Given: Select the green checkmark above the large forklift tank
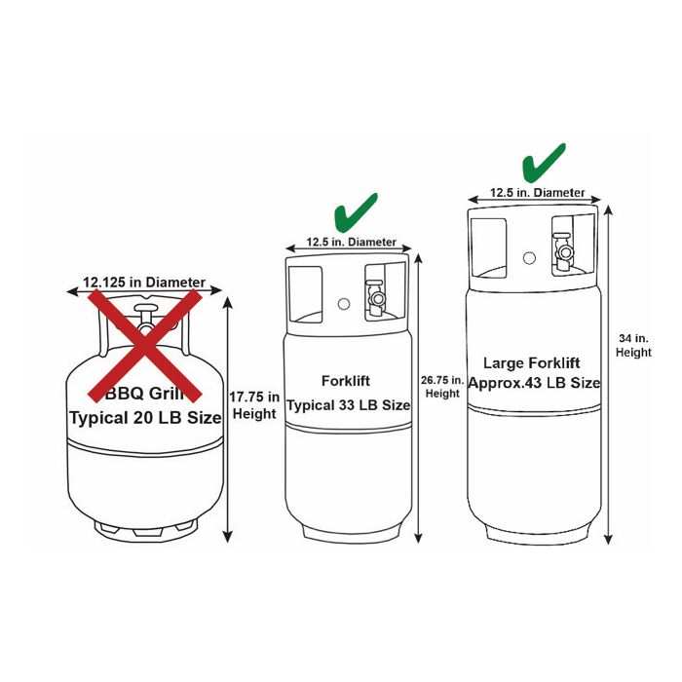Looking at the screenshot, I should (543, 163).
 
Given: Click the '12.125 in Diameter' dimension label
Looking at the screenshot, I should (144, 283).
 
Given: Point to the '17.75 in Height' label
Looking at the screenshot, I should (255, 405).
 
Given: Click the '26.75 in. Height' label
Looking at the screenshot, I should (442, 386).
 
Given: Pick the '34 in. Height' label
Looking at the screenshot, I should (634, 345).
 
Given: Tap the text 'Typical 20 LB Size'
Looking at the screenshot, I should (145, 418).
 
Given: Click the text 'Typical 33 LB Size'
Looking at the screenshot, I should (348, 405).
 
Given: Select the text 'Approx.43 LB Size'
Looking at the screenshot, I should (534, 383).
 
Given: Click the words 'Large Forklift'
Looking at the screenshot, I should (532, 362).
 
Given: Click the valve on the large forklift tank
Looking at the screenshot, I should (562, 249).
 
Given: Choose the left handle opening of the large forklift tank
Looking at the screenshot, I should (490, 246).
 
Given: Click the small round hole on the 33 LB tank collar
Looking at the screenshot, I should (345, 303).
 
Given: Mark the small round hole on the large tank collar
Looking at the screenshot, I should (529, 258).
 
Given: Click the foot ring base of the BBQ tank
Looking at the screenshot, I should (145, 530).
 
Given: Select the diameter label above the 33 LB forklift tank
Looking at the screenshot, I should (352, 242).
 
